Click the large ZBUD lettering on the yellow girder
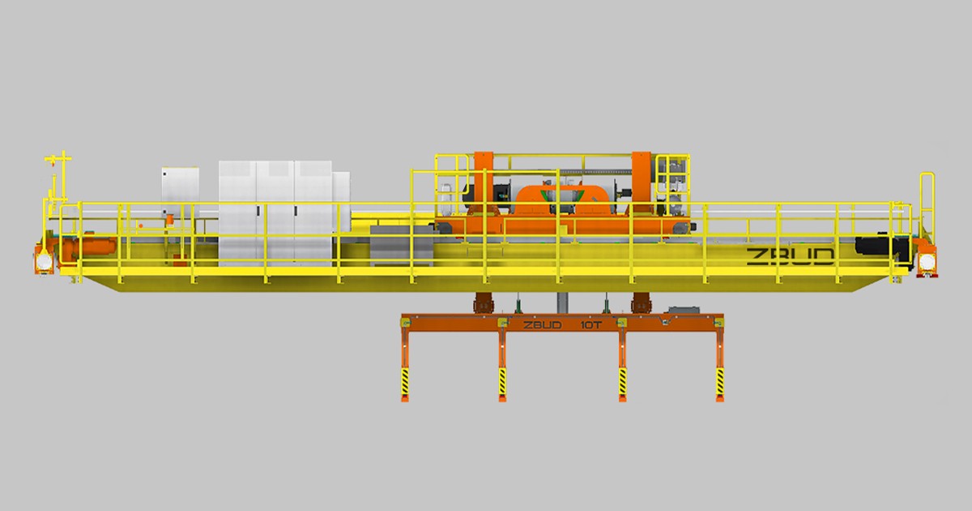(x=791, y=257)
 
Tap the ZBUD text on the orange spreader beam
(x=543, y=325)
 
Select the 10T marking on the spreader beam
(x=591, y=325)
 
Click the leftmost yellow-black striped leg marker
(x=405, y=382)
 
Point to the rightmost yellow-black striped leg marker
(x=720, y=382)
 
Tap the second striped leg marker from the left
(x=502, y=382)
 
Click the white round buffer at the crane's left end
(x=44, y=261)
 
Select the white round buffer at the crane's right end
(x=927, y=262)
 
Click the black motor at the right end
(x=881, y=247)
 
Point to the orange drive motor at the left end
(x=89, y=247)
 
